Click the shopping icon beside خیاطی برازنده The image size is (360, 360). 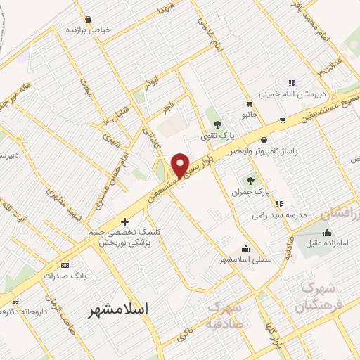tap(88, 19)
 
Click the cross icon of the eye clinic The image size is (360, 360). tap(125, 221)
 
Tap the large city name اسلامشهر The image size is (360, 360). tap(119, 309)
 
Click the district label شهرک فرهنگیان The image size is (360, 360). tap(320, 297)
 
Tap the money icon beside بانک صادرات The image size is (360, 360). tap(65, 265)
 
